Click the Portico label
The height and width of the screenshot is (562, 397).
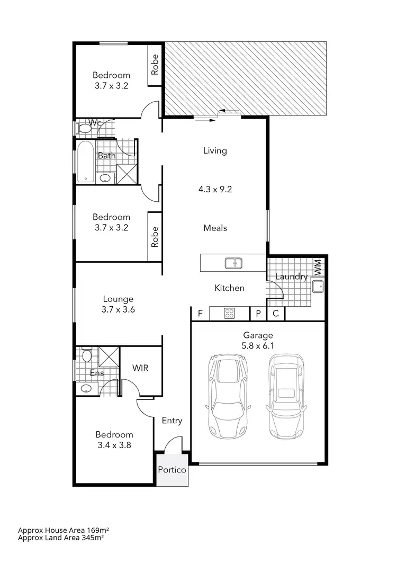[x=173, y=469]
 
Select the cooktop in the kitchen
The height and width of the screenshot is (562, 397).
[x=229, y=313]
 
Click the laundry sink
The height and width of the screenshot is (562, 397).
[x=318, y=287]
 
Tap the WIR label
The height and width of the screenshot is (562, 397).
[x=140, y=367]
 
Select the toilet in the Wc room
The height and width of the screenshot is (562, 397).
[x=84, y=128]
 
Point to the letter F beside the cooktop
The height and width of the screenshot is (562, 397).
[x=200, y=314]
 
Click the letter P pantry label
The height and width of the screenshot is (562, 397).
[x=258, y=314]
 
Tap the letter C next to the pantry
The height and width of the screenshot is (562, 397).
[x=275, y=314]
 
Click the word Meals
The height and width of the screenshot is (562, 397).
[x=215, y=228]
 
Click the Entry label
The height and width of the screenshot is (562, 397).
[x=172, y=421]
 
